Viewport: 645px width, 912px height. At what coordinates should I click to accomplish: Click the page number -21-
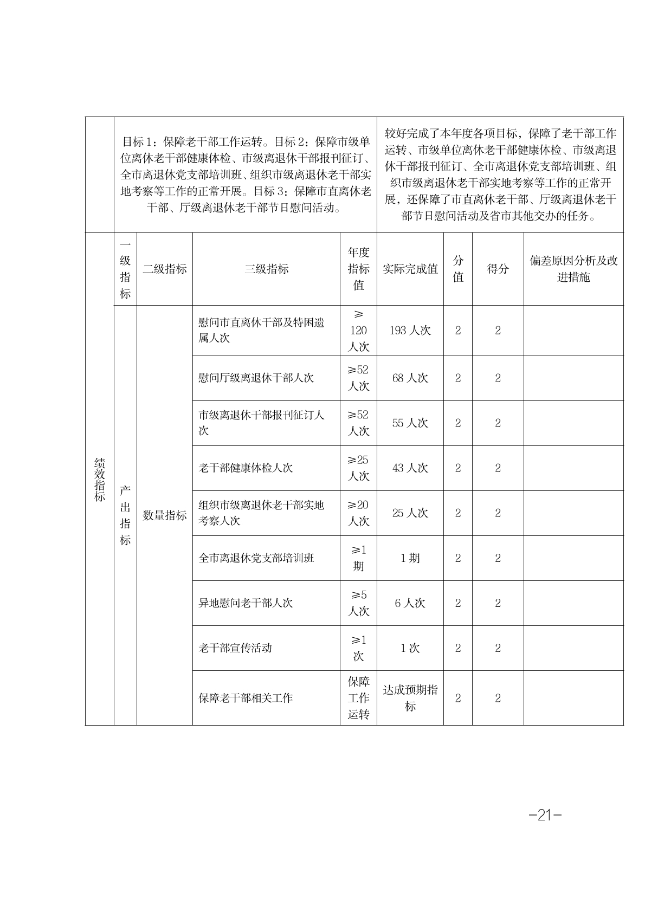545,814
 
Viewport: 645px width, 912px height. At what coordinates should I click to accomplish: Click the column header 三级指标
266,269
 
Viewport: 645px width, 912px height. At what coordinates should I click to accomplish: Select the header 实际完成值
410,269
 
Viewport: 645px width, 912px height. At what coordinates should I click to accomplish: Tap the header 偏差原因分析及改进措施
573,269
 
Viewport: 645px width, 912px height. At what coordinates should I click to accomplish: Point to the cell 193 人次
410,331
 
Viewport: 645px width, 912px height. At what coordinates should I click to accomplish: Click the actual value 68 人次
410,378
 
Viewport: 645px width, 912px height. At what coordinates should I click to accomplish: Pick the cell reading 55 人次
410,423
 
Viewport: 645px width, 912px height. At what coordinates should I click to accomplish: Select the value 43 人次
410,468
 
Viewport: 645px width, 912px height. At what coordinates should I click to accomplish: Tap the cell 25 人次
410,513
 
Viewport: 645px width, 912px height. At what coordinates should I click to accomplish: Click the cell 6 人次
410,603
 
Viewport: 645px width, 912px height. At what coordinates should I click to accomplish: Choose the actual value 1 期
410,558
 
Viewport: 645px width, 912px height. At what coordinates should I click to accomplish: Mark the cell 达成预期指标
410,698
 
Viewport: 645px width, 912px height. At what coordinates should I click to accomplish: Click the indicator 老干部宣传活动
235,648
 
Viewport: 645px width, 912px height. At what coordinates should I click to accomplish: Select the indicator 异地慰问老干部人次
246,603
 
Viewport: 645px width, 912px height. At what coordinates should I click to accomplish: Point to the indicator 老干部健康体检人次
246,468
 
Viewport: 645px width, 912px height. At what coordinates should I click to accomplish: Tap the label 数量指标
164,515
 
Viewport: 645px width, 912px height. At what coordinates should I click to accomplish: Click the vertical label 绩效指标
100,479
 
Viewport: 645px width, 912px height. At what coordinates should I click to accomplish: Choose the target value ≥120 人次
358,331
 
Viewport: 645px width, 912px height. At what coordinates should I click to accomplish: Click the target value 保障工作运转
358,698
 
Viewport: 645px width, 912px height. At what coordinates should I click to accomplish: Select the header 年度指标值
358,269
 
